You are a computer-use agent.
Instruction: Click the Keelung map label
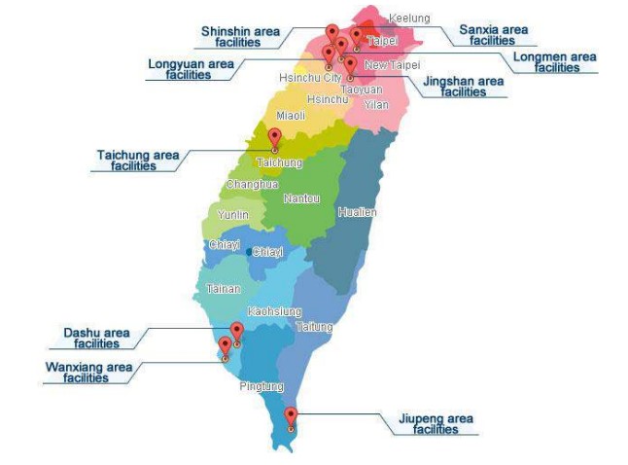tap(408, 18)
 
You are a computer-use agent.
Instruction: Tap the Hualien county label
tap(357, 211)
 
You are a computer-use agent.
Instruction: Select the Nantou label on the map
tap(301, 198)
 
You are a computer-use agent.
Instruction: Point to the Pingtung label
tap(262, 386)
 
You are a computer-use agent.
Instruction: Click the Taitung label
tap(314, 326)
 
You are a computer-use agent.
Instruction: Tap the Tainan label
tap(223, 288)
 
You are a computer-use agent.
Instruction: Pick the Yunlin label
tap(233, 214)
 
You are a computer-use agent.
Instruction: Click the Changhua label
tap(253, 184)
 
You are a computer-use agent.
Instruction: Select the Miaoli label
tap(291, 116)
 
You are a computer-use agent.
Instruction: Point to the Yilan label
tap(375, 103)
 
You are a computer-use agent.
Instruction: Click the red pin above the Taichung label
tap(274, 137)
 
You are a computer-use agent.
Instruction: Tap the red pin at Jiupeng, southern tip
tap(291, 416)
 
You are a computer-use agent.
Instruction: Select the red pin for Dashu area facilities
tap(236, 332)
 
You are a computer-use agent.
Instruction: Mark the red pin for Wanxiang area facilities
tap(225, 346)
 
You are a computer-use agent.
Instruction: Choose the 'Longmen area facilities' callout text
tap(554, 62)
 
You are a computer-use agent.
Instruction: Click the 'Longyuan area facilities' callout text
tap(191, 69)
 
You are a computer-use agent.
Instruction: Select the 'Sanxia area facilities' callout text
tap(493, 35)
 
